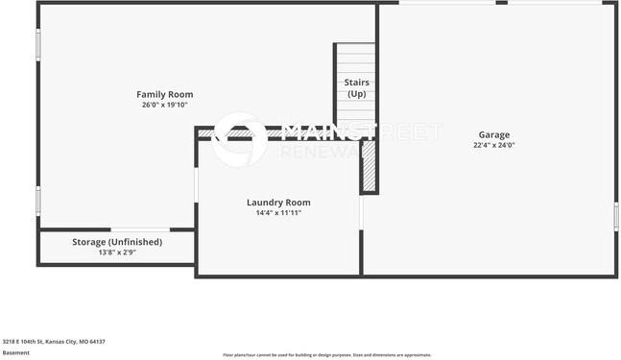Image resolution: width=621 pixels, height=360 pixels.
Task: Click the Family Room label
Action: pyautogui.click(x=164, y=94)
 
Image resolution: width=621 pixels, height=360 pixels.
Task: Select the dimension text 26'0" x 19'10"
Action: pyautogui.click(x=164, y=105)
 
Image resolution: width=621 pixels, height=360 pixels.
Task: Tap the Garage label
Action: pyautogui.click(x=494, y=134)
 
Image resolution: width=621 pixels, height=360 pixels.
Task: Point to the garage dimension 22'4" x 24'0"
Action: pyautogui.click(x=494, y=146)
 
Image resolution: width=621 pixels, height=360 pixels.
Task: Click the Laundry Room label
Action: pyautogui.click(x=278, y=202)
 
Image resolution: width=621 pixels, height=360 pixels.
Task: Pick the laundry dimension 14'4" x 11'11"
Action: pyautogui.click(x=278, y=212)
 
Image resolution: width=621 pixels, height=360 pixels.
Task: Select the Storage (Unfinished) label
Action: pyautogui.click(x=117, y=242)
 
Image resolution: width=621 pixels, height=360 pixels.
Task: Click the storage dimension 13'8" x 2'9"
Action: pyautogui.click(x=117, y=252)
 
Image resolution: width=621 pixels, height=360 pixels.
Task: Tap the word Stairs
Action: pyautogui.click(x=356, y=83)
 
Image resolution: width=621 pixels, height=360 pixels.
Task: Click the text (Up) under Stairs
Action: pyautogui.click(x=356, y=94)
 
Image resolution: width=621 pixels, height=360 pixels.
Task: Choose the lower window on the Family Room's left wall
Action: pyautogui.click(x=38, y=199)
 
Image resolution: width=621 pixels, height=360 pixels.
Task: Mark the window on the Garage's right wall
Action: pyautogui.click(x=615, y=216)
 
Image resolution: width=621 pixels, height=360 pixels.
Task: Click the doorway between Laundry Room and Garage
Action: pyautogui.click(x=361, y=212)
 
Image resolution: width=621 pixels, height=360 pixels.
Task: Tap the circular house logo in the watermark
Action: pyautogui.click(x=239, y=140)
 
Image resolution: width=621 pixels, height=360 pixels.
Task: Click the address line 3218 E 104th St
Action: pyautogui.click(x=53, y=341)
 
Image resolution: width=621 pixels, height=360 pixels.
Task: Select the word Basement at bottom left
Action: pyautogui.click(x=16, y=352)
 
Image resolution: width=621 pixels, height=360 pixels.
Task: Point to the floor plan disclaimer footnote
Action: pyautogui.click(x=327, y=354)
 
